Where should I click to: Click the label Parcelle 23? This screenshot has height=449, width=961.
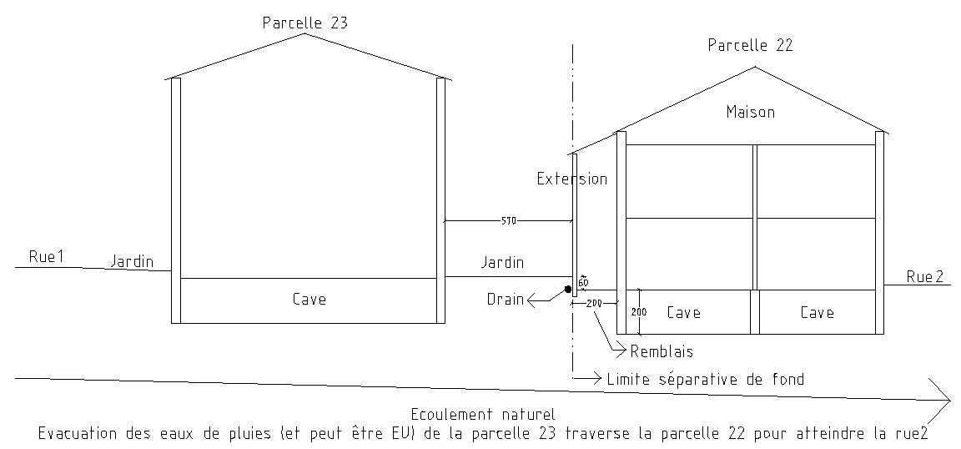(304, 23)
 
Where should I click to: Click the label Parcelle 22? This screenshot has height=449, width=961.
(750, 46)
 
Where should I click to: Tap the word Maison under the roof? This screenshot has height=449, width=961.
(750, 112)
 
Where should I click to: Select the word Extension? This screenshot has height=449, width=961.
(571, 179)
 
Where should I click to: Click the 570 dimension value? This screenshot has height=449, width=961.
(509, 221)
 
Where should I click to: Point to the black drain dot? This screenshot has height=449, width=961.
(567, 290)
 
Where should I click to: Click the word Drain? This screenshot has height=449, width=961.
(506, 299)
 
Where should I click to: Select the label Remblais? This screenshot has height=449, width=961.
(662, 351)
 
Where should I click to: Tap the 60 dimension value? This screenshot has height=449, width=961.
(583, 282)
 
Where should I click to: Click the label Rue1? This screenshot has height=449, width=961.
(47, 258)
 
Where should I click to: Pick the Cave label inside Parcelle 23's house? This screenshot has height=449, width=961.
(309, 299)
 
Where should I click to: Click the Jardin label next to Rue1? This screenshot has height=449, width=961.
(133, 262)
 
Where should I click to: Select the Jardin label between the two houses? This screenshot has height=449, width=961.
(502, 263)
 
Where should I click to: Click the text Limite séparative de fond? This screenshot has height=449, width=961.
(706, 380)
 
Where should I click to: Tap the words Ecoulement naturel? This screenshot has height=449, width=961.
(483, 414)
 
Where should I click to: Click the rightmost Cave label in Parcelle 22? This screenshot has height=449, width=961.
(817, 312)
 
